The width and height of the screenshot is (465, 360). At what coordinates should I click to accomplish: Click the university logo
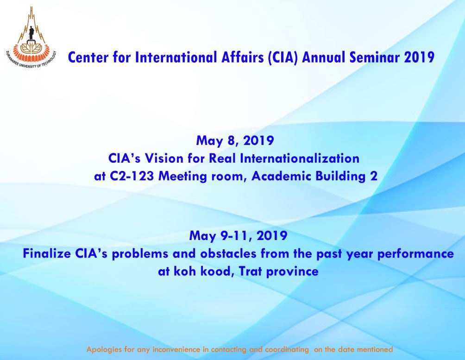tap(31, 37)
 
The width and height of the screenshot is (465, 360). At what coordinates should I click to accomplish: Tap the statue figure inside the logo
tap(31, 32)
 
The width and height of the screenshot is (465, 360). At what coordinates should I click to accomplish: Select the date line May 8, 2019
tap(235, 140)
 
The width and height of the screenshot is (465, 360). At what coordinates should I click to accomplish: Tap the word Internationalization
tap(300, 158)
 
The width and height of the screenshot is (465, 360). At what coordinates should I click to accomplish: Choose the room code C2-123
tap(132, 176)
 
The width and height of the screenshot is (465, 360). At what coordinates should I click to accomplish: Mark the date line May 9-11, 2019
tap(238, 236)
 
